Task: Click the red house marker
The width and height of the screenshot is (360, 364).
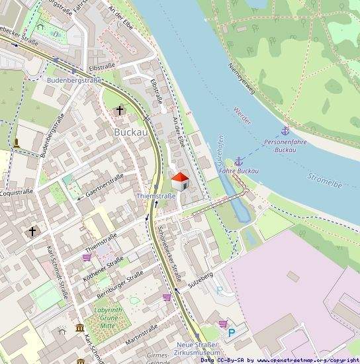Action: pos(179,180)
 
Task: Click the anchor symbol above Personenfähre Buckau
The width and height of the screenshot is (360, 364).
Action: pos(285,131)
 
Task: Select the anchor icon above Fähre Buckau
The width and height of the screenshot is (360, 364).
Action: pos(238,161)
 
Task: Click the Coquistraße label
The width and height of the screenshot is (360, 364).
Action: pos(16,193)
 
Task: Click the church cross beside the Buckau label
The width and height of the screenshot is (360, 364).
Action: pos(120,110)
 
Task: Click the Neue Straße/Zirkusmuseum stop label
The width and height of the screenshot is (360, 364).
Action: pos(198,349)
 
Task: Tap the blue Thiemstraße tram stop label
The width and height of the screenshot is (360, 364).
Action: pos(156,196)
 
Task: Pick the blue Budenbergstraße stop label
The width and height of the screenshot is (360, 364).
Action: pos(74,80)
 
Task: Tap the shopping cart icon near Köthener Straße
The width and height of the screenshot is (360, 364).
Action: pos(87,257)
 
